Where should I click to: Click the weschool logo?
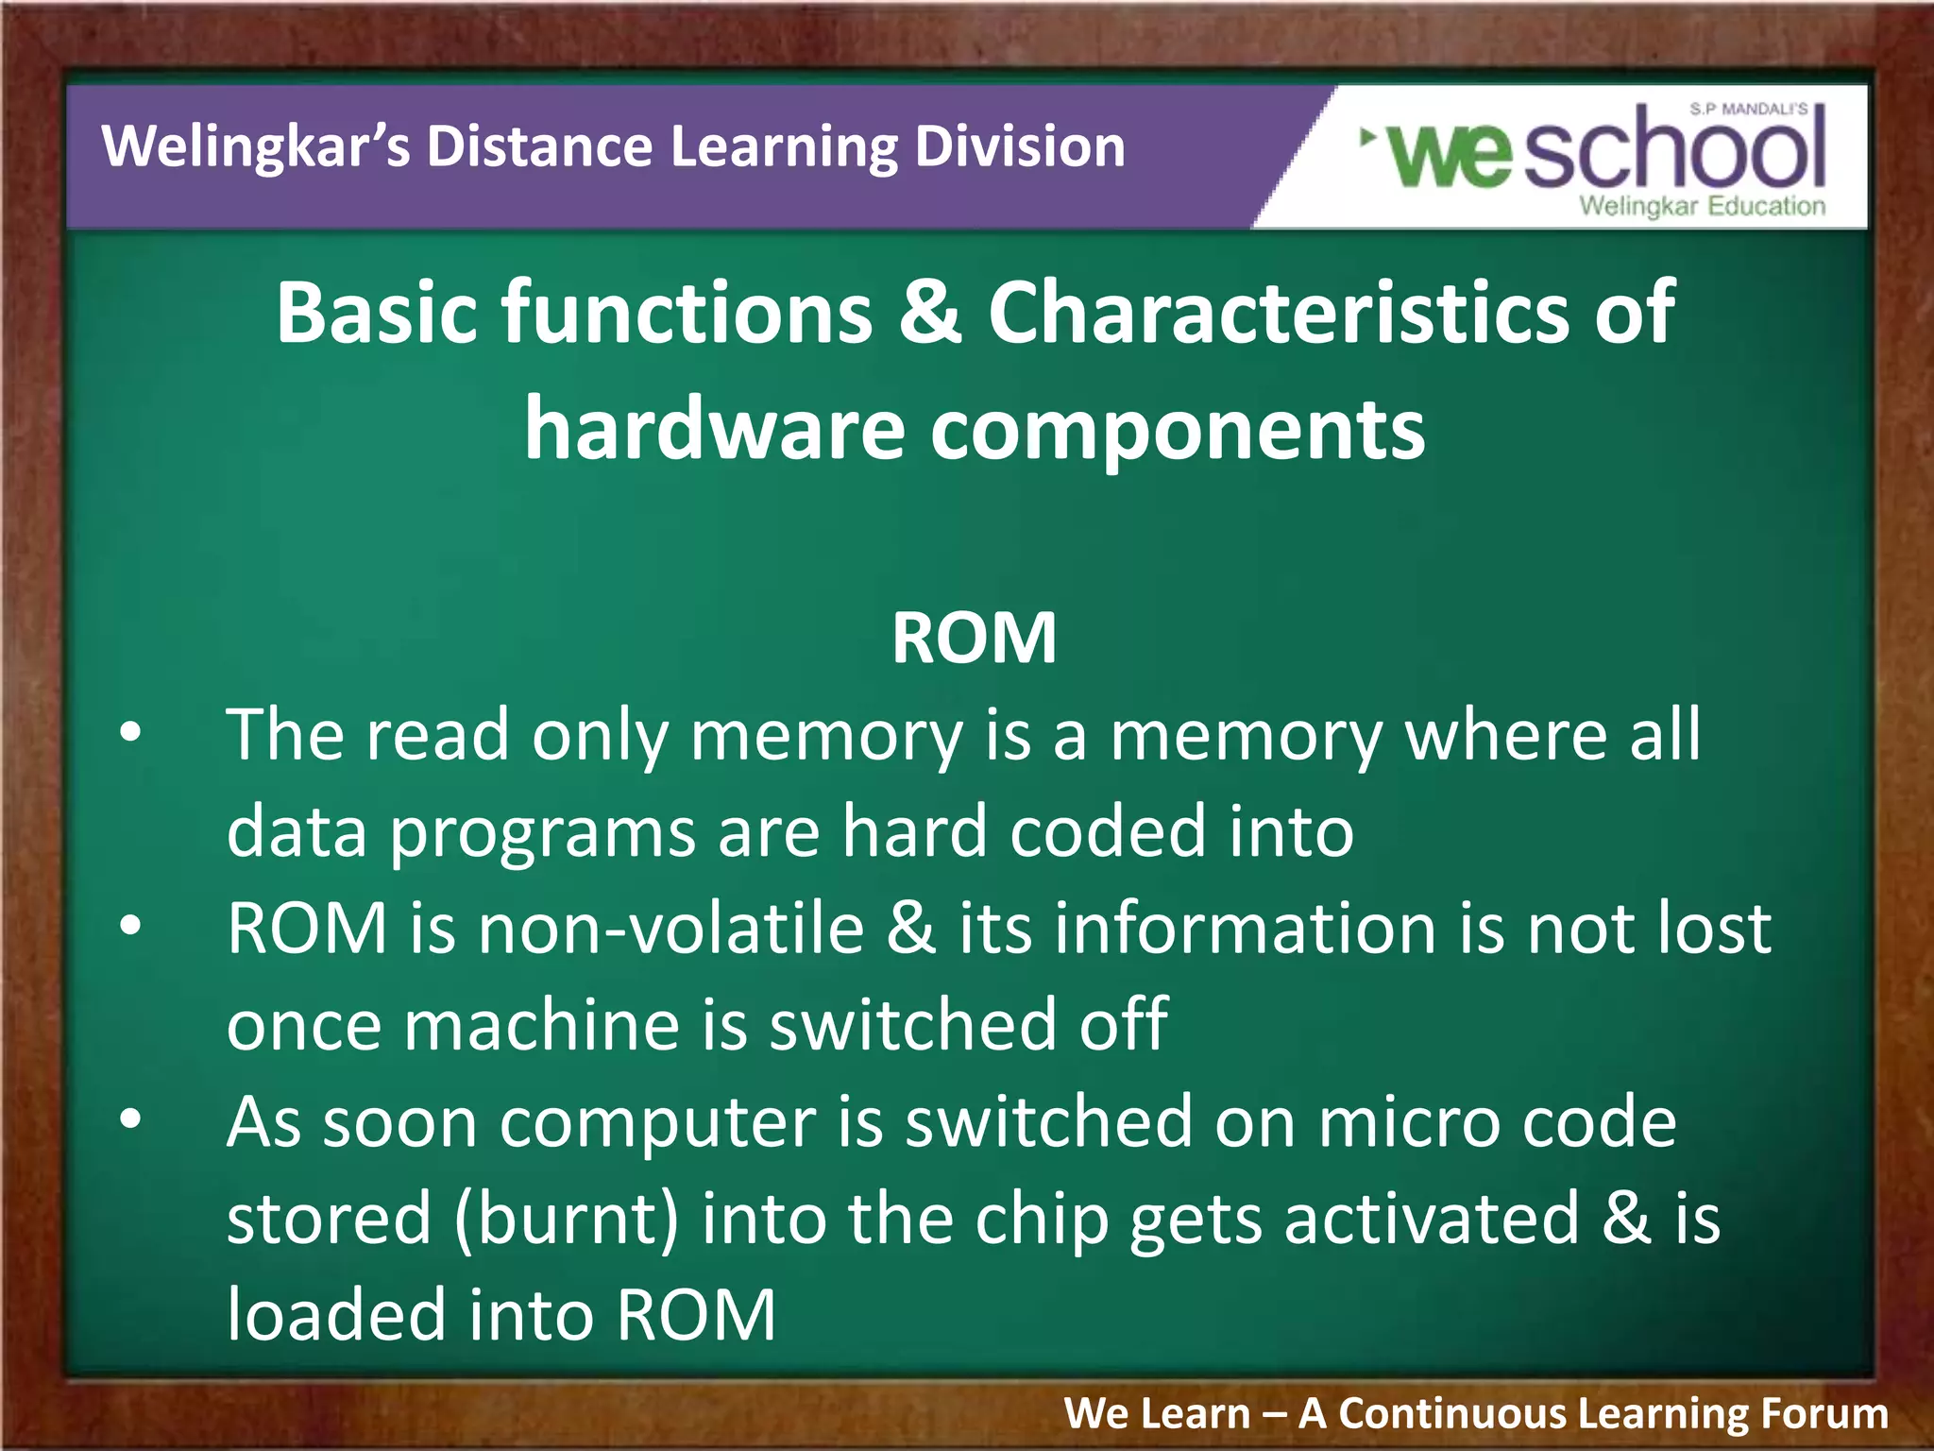(x=1596, y=151)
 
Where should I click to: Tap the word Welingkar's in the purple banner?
(x=256, y=147)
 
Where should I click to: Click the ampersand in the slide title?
(x=930, y=312)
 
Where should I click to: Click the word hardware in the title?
(x=714, y=430)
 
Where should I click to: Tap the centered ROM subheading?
(x=974, y=639)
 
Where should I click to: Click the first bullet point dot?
(x=130, y=731)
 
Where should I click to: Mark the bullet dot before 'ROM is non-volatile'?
(x=130, y=926)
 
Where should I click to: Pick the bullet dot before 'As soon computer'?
(x=130, y=1119)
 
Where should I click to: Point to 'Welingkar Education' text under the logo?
(x=1702, y=206)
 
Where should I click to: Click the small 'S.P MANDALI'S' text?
(x=1748, y=110)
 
